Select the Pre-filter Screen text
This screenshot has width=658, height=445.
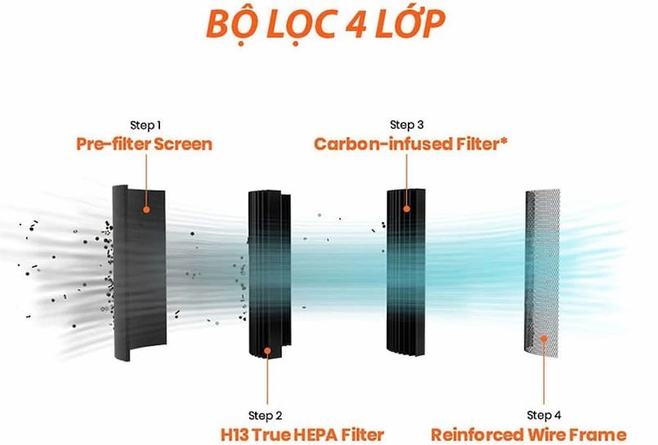[x=144, y=143]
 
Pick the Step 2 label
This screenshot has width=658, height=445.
[x=265, y=416]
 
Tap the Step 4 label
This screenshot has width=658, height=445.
[x=545, y=416]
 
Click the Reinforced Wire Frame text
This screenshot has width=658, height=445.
[x=529, y=434]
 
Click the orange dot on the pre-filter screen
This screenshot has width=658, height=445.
[x=146, y=209]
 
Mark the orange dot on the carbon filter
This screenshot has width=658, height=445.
[x=406, y=209]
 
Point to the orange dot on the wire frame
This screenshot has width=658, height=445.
[x=544, y=338]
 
